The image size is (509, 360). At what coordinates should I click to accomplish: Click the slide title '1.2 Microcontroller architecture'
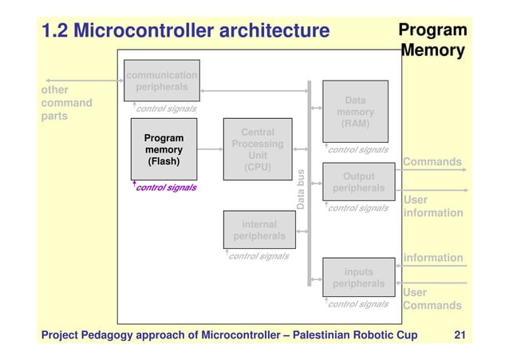click(x=185, y=31)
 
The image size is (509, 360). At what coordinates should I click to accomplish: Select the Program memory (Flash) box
click(x=164, y=148)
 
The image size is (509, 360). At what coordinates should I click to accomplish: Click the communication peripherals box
click(x=161, y=81)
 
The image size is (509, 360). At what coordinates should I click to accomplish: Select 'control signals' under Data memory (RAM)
click(x=358, y=149)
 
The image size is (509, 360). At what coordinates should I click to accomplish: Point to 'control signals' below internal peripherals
click(x=258, y=256)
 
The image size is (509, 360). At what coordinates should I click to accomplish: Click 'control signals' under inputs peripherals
click(x=358, y=304)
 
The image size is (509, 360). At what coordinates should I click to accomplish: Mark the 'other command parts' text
click(x=66, y=103)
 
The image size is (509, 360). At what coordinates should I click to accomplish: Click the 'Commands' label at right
click(x=432, y=162)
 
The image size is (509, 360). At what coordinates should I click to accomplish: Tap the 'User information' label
click(x=432, y=206)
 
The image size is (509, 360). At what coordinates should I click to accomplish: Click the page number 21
click(x=459, y=334)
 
